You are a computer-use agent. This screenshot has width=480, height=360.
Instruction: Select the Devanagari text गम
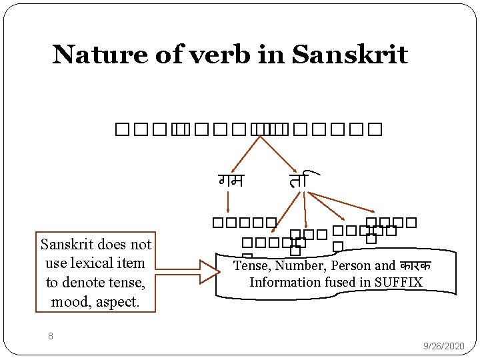coord(231,180)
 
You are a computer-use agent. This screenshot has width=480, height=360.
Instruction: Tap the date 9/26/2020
coord(445,346)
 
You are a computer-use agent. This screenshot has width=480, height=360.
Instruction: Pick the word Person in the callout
coord(351,266)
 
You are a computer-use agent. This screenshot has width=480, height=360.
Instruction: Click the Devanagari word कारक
coord(413,266)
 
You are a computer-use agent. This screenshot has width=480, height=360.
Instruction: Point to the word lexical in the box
coord(102,263)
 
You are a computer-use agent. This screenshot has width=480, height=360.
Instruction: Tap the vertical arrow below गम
coord(229,202)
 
